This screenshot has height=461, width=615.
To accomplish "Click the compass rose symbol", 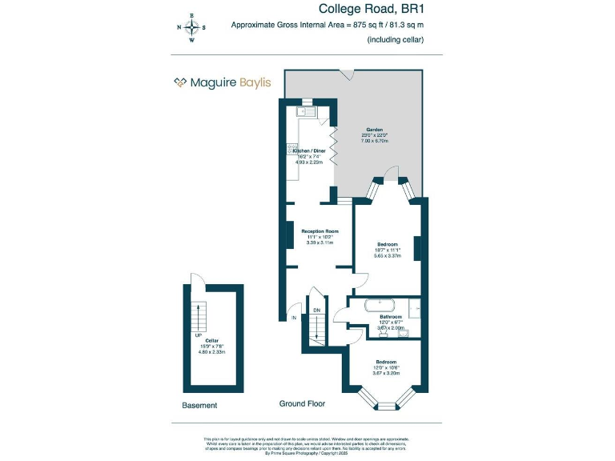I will pyautogui.click(x=191, y=27).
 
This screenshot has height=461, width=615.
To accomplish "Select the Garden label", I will pyautogui.click(x=375, y=130).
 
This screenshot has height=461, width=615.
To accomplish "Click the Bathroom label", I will pyautogui.click(x=391, y=317).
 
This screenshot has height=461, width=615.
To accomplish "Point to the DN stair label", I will pyautogui.click(x=317, y=310).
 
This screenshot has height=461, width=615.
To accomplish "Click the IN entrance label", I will pyautogui.click(x=294, y=318).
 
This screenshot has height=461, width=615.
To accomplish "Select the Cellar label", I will pyautogui.click(x=211, y=340).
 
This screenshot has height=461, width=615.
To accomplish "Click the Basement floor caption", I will pyautogui.click(x=199, y=406).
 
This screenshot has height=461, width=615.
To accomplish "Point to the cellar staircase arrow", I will pyautogui.click(x=193, y=312).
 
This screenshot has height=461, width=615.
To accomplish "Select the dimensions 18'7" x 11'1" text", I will pyautogui.click(x=388, y=251).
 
